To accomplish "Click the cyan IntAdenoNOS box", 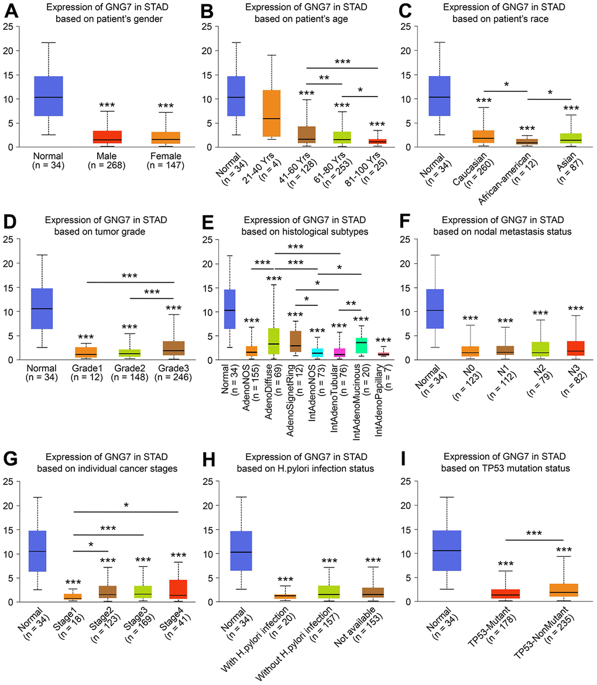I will pos(317,352).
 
